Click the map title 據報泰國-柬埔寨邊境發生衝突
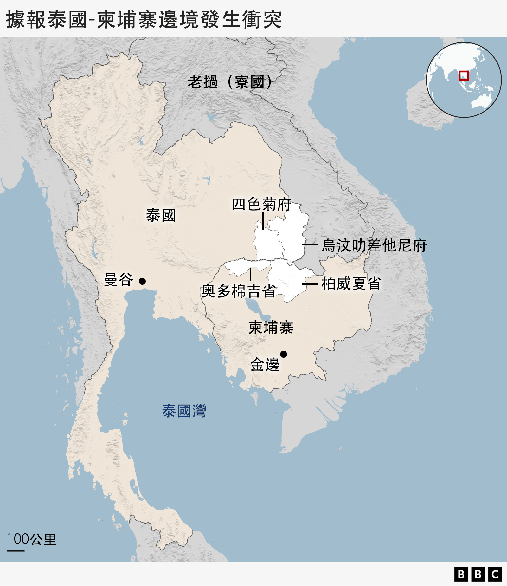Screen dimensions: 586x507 [144, 20]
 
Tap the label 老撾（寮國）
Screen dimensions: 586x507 [230, 82]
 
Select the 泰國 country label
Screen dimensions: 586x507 [161, 215]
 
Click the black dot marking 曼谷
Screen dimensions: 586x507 [142, 281]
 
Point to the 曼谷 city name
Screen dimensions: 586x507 [119, 280]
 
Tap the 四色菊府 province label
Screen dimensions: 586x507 [261, 204]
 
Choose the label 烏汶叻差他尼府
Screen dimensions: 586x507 [374, 245]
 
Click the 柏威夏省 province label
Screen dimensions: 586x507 [351, 283]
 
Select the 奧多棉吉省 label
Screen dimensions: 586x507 [238, 291]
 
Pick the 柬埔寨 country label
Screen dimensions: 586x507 [271, 327]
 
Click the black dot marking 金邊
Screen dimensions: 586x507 [284, 354]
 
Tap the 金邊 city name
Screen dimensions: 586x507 [265, 364]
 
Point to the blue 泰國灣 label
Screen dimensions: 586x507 [184, 411]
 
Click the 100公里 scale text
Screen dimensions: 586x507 [32, 539]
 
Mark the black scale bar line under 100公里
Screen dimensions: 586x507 [16, 550]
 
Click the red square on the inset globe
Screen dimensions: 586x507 [464, 76]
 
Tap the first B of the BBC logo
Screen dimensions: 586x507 [461, 574]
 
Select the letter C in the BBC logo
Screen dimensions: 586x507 [495, 574]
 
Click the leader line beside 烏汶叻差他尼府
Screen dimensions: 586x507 [310, 245]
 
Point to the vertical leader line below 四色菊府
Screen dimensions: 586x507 [263, 220]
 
